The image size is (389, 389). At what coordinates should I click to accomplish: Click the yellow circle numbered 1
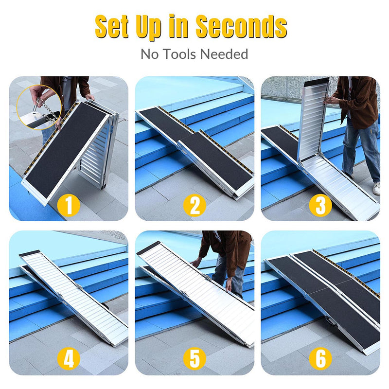(69, 205)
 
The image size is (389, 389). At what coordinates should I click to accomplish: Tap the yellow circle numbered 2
(194, 205)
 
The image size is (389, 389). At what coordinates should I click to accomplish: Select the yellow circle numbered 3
(320, 205)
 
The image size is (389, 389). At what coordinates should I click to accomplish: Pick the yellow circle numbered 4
(69, 359)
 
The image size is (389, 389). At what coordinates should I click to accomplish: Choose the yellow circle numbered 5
(194, 359)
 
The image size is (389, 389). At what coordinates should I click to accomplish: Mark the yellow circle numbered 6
(320, 359)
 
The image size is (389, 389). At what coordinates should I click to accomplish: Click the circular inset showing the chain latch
(38, 107)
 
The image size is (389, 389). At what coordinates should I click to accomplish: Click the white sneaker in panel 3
(376, 188)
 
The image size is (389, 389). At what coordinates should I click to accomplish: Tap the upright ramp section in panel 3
(312, 119)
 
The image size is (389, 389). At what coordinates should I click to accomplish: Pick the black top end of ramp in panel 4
(31, 254)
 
